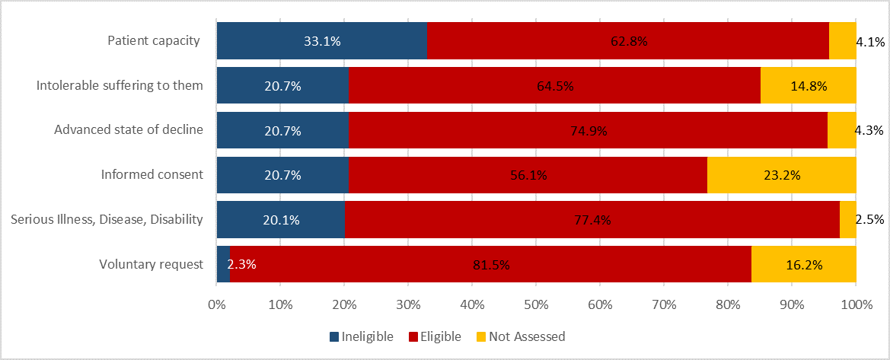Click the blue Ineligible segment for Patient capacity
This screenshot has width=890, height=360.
321,41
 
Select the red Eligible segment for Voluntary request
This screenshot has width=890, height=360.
490,265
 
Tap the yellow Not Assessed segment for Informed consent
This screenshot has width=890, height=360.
781,175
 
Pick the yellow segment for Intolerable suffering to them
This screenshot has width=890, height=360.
808,85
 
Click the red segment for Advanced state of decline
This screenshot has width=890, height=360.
588,130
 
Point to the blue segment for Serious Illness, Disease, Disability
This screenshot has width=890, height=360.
280,220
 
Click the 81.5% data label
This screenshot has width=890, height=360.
490,265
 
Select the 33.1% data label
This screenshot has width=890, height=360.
322,41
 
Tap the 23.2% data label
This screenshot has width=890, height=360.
781,175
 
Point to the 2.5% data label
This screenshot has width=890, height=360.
869,220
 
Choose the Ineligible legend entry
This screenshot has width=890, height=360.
361,336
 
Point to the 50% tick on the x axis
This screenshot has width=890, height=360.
536,304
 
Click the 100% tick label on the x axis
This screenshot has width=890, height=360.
856,304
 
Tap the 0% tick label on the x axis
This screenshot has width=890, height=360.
217,304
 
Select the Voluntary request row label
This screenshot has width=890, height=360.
151,265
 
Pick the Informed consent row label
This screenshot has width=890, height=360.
152,175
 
